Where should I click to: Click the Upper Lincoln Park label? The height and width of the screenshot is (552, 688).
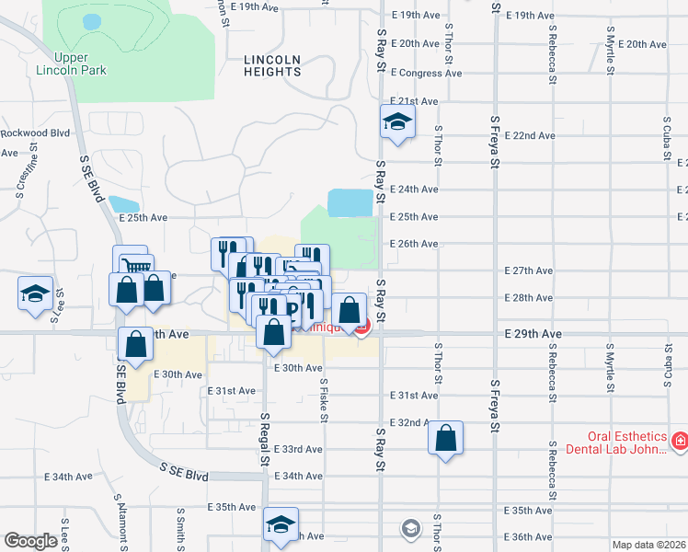pos(71,63)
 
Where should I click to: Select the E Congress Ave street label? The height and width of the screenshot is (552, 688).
pos(426,73)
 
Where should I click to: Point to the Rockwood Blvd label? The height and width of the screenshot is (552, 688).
pos(35,132)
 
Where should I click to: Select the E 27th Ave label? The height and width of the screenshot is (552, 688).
pos(529,270)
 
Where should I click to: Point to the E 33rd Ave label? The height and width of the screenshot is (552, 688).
pos(298,449)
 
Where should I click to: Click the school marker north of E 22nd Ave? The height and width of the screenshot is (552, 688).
pos(397,122)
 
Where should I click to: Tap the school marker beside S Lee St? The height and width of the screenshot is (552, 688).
pos(35,295)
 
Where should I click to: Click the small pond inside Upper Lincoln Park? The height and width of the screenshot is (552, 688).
pos(91,20)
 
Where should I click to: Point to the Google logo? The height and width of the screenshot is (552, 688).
pos(30,541)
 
